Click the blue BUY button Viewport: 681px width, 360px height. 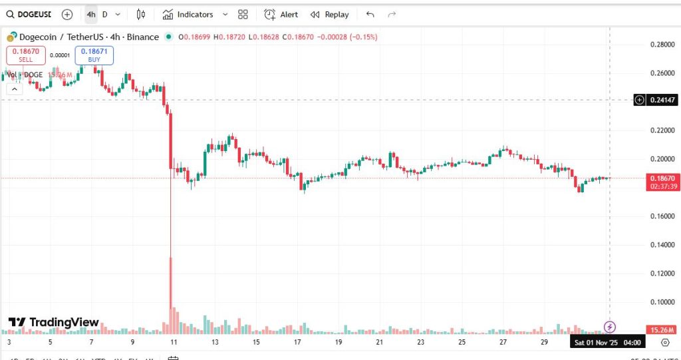click(x=94, y=55)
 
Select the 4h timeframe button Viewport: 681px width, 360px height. click(x=91, y=14)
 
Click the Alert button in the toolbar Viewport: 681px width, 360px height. click(x=281, y=14)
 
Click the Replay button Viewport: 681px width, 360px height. click(x=330, y=14)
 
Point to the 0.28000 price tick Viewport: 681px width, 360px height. click(x=662, y=45)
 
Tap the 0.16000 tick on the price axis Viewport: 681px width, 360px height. click(x=662, y=216)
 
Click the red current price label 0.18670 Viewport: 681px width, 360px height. click(x=662, y=179)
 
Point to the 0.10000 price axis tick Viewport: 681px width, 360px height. click(x=662, y=302)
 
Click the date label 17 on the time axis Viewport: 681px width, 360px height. click(x=297, y=342)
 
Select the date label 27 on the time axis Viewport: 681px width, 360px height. click(x=503, y=342)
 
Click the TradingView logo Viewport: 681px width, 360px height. click(x=53, y=323)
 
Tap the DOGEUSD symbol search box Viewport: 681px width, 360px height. click(x=29, y=14)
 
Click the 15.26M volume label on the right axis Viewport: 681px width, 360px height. click(x=662, y=329)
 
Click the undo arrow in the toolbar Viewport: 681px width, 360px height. click(x=370, y=14)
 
